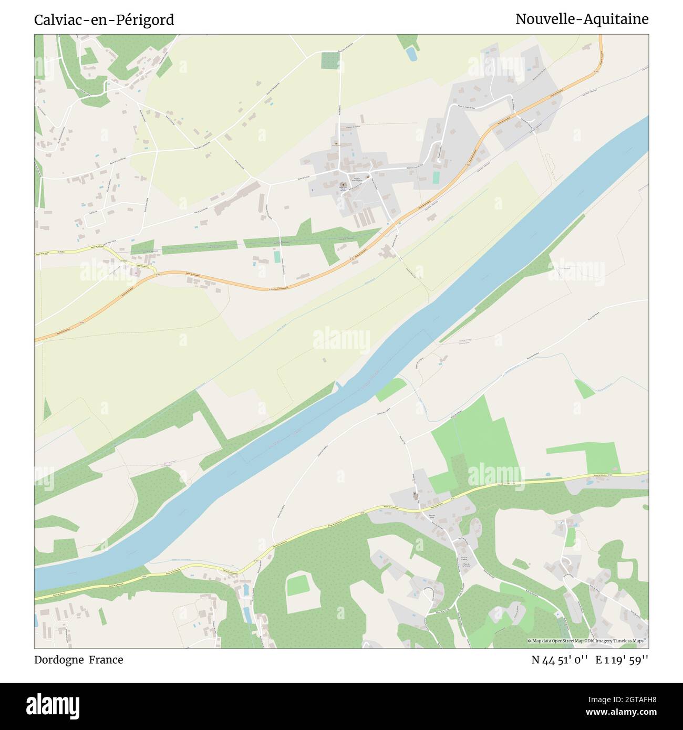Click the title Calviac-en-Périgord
pos(104,20)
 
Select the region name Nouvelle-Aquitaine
pos(582,19)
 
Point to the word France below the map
pos(106,660)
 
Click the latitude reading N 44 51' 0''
pos(559,660)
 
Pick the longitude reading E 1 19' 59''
pos(622,660)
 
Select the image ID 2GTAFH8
pos(624,699)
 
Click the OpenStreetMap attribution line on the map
pos(587,641)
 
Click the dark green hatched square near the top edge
pos(330,60)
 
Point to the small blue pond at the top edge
pos(411,53)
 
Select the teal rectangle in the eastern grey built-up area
pos(436,178)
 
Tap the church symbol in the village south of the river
pos(416,495)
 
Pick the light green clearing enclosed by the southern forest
pos(298,585)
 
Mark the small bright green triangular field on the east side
pos(583,389)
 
